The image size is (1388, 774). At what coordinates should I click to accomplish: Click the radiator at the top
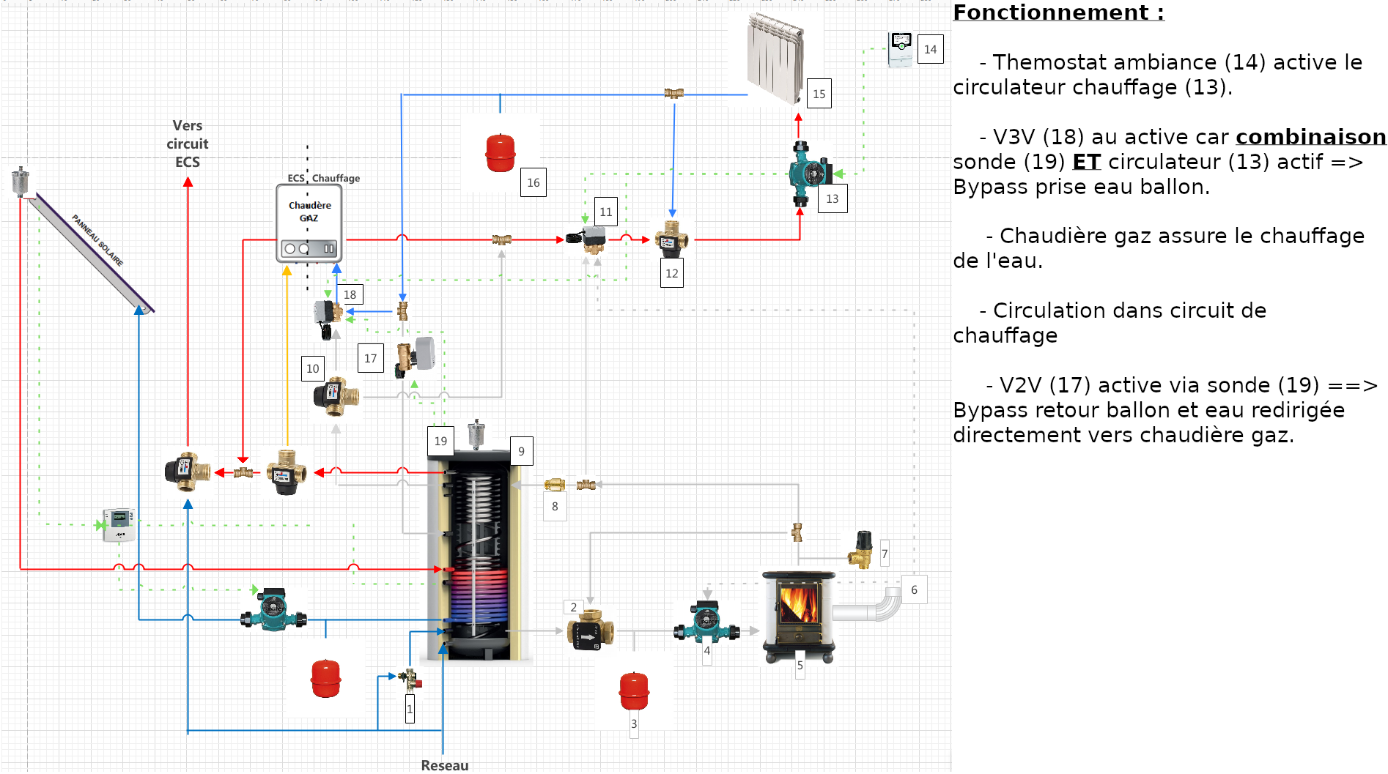coord(775,57)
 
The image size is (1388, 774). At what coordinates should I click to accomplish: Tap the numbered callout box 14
coord(930,50)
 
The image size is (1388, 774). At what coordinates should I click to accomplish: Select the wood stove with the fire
coord(799,611)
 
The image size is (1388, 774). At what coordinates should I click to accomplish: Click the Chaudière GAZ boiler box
coord(309,223)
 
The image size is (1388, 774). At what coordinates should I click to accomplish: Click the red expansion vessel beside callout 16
coord(501,153)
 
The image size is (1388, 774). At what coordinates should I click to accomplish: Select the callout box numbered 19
coord(440,442)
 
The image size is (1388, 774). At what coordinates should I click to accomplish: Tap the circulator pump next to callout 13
coord(810,173)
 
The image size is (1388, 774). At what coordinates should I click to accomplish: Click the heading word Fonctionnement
coord(1051,12)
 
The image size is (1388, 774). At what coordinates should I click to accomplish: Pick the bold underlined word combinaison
coord(1310,137)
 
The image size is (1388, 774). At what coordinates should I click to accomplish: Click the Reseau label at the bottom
coord(444,765)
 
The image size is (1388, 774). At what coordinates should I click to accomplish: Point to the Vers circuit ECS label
coord(188,144)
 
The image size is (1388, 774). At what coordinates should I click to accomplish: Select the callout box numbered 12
coord(671,274)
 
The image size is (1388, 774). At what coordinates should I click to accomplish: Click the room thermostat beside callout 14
coord(900,49)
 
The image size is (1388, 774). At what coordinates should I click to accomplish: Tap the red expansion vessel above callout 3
coord(634,691)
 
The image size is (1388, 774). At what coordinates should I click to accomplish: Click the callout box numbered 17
coord(370,359)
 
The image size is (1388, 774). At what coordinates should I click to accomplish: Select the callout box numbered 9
coord(521,452)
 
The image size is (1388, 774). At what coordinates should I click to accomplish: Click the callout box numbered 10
coord(313,369)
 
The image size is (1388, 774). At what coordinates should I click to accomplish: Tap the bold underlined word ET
coord(1086,162)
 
